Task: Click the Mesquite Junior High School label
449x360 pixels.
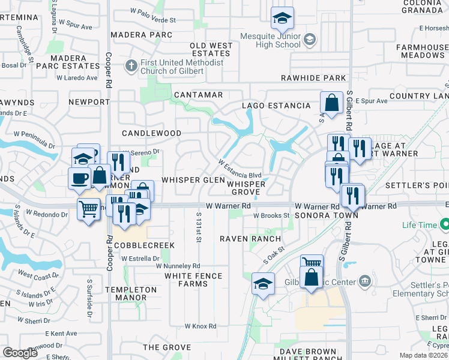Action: pos(270,40)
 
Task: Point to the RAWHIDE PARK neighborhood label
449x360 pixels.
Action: pos(313,78)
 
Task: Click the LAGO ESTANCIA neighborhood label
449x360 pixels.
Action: pos(276,106)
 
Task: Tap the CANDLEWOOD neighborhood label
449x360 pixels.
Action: pos(151,133)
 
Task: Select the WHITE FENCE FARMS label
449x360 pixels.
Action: pos(193,280)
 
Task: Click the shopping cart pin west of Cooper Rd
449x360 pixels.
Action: pos(89,209)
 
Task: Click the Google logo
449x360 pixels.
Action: pos(20,353)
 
